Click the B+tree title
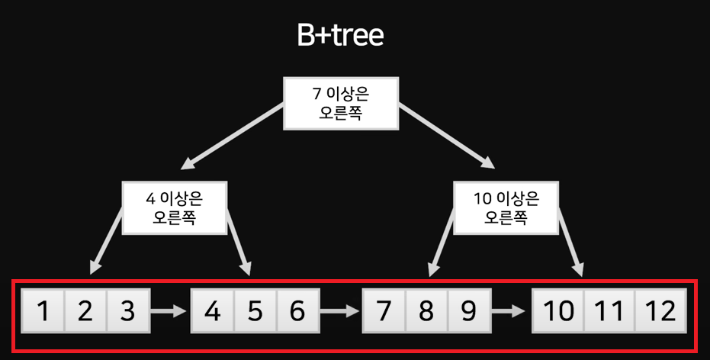(340, 36)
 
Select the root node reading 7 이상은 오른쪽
(342, 104)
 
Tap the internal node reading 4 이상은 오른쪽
(175, 207)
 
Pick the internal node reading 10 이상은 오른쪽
(506, 207)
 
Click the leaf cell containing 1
(43, 311)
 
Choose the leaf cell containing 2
(85, 311)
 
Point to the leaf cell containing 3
(127, 311)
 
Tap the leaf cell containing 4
(213, 311)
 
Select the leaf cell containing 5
(255, 311)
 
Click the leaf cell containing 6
(297, 311)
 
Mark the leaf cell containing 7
(384, 311)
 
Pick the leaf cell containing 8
(426, 311)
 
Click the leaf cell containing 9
(468, 311)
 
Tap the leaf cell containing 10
(558, 311)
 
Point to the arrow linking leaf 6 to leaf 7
(340, 311)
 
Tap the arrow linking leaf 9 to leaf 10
(509, 311)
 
